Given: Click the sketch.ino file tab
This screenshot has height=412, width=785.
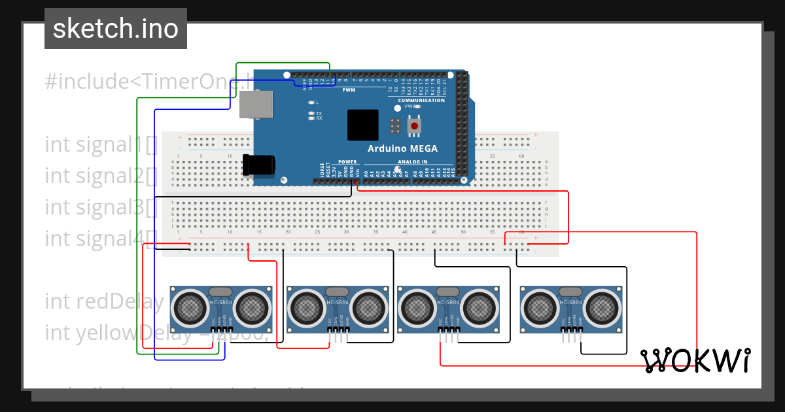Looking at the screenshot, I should (x=116, y=29).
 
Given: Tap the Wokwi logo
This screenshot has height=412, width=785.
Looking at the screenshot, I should (x=695, y=360).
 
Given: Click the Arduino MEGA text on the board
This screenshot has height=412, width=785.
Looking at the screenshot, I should (x=402, y=148).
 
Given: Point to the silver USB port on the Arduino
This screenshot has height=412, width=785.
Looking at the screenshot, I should (x=255, y=104).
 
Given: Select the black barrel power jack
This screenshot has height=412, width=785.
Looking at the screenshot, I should (x=259, y=165).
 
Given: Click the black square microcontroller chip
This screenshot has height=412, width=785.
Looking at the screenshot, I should (x=362, y=125).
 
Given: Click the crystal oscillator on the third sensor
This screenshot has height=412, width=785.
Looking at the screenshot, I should (x=448, y=291).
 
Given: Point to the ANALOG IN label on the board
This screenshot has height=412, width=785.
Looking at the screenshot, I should (x=412, y=162).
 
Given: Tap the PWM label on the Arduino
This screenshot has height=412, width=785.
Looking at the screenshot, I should (x=349, y=90).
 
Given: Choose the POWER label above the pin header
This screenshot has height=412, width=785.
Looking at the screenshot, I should (x=347, y=162).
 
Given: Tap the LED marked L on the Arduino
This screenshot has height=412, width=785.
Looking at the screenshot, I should (x=311, y=103).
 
